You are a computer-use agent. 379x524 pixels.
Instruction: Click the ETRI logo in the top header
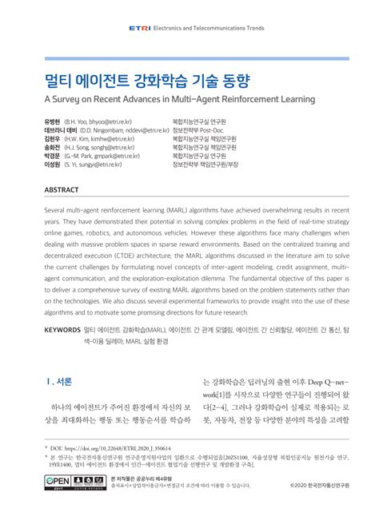coord(139,28)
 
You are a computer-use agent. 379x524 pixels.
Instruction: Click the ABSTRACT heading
coord(62,189)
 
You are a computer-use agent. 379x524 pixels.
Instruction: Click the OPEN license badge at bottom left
coord(60,481)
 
